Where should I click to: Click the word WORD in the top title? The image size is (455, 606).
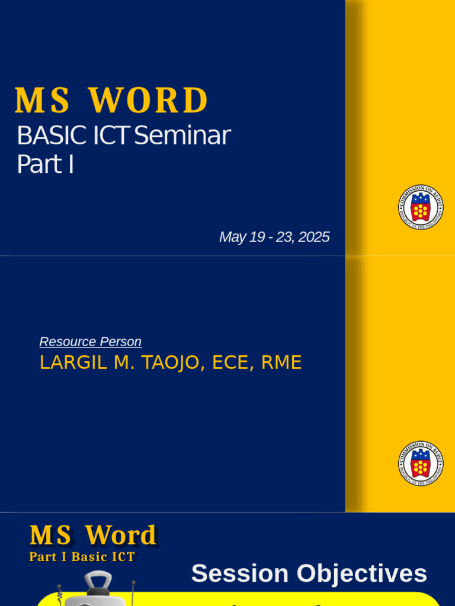(149, 101)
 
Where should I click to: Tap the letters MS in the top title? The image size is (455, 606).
(42, 101)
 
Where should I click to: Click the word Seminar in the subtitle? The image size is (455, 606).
(182, 136)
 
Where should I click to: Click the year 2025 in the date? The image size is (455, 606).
(314, 237)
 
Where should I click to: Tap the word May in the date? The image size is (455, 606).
(232, 237)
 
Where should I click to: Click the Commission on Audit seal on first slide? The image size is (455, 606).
(421, 207)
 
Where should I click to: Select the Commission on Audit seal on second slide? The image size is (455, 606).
(421, 463)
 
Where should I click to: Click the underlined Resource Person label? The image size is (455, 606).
(90, 341)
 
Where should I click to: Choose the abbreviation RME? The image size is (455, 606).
(281, 363)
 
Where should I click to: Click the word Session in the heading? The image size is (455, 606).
(240, 574)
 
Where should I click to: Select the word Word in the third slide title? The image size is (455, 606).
(120, 536)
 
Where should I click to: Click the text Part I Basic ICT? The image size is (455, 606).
(82, 557)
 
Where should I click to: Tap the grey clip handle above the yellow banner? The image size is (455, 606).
(98, 582)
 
